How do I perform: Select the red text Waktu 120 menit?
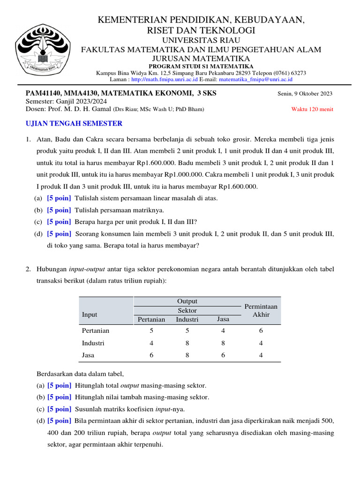point(312,109)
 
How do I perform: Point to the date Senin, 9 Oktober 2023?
point(305,93)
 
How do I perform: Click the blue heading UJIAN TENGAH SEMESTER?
point(74,123)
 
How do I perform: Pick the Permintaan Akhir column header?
point(261,310)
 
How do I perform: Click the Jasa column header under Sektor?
point(223,319)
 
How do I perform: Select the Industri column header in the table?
point(187,320)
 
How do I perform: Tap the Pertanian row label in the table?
point(96,330)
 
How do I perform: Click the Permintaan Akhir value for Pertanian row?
point(261,330)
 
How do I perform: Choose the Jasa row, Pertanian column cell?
point(151,355)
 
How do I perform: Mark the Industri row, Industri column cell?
point(187,343)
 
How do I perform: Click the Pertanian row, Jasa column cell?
point(223,330)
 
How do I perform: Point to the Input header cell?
point(90,315)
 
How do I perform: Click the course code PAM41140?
point(44,93)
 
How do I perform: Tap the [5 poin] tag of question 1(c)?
point(59,222)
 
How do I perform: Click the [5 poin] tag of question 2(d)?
point(59,420)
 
